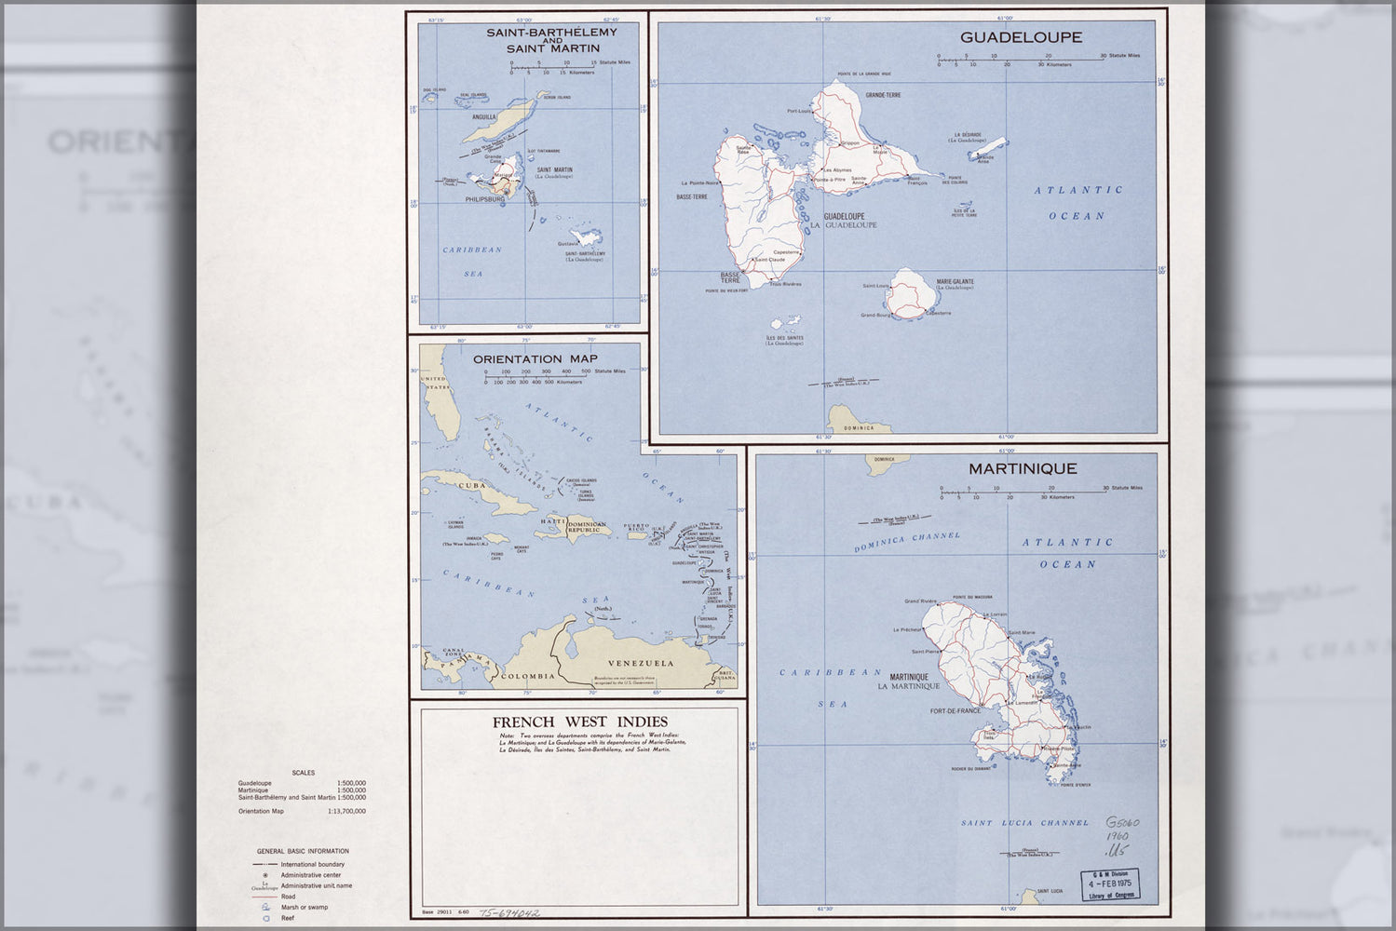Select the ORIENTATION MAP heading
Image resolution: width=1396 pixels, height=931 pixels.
pos(530,358)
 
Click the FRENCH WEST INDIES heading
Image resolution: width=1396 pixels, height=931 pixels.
pos(579,722)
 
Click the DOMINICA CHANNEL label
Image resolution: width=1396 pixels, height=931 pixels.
pos(905,542)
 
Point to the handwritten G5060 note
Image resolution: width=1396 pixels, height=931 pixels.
pos(1122,824)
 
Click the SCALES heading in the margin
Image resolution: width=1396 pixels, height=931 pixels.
pos(303,773)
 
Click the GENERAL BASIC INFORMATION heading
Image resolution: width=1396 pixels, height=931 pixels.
pos(303,851)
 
